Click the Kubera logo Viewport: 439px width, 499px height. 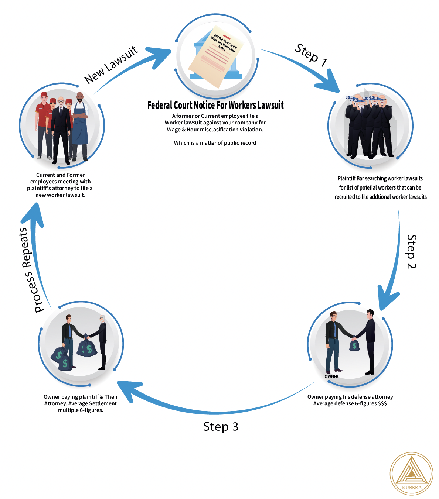click(411, 474)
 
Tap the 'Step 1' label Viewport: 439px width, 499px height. click(311, 56)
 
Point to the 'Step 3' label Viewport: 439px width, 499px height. click(221, 427)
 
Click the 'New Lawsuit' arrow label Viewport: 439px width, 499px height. click(111, 65)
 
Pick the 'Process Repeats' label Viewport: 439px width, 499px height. click(31, 270)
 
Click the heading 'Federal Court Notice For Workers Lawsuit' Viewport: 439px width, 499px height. click(215, 105)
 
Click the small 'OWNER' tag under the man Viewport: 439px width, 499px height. click(331, 376)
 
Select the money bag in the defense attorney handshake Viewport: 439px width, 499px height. click(354, 345)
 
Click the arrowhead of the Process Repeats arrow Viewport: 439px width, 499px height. click(34, 214)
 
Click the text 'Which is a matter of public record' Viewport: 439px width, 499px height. click(215, 143)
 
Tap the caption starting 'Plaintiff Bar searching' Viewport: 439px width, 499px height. click(381, 187)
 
